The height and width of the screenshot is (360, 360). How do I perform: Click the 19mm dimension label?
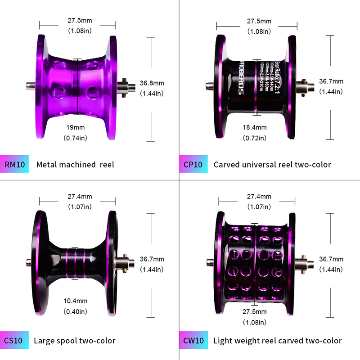coord(78,127)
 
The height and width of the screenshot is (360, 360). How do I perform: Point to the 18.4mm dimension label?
coord(254,127)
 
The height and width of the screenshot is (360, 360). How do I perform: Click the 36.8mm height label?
coord(152,83)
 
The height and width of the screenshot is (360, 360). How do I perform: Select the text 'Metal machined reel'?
coord(75,165)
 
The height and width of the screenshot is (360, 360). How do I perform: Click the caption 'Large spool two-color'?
coord(75,341)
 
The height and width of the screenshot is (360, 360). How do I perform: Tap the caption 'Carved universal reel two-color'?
coord(272,165)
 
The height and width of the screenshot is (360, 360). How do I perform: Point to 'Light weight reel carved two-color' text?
coord(278,341)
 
